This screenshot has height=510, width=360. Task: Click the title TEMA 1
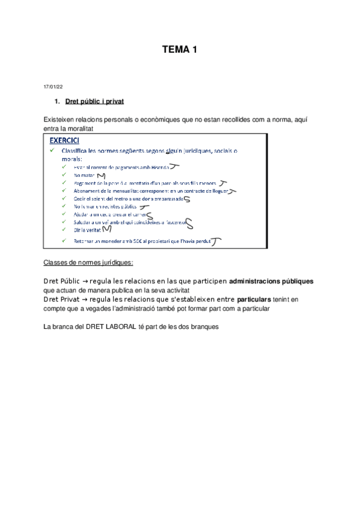180,51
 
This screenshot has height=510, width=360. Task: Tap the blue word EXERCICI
68,140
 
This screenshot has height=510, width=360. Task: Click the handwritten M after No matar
100,175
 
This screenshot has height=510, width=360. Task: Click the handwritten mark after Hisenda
174,167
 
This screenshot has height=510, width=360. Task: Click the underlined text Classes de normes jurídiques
88,263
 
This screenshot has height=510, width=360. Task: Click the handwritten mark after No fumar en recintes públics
144,206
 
